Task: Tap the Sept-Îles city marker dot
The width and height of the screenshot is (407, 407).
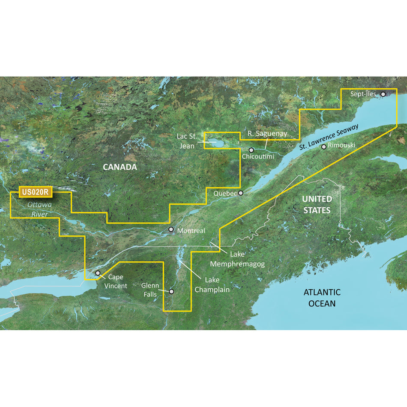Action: click(383, 93)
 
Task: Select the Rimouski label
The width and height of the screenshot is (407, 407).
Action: click(342, 146)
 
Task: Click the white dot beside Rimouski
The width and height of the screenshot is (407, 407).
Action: click(324, 147)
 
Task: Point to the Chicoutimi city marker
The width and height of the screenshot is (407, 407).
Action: click(251, 150)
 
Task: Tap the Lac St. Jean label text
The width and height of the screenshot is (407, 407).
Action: click(187, 141)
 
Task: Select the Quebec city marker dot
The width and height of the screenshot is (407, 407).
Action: click(241, 193)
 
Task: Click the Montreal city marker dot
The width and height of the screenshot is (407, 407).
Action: click(171, 230)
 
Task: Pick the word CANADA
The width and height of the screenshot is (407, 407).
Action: click(120, 167)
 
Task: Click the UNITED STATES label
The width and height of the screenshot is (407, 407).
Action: click(317, 204)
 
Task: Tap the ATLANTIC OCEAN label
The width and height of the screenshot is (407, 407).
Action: click(322, 298)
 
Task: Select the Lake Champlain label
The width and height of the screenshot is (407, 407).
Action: click(212, 285)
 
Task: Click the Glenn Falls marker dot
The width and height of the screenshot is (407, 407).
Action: click(171, 291)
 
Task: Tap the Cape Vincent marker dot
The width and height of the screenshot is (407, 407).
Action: click(98, 273)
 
